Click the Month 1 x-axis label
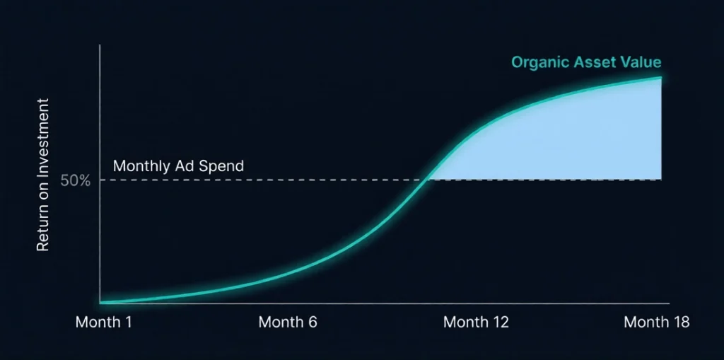pos(104,323)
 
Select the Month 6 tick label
pos(288,323)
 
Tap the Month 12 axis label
pos(476,323)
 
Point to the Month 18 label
pos(656,323)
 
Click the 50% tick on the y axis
pos(75,180)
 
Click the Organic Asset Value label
pos(586,62)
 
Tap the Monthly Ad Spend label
pos(178,167)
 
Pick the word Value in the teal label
pos(642,62)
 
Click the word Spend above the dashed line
pos(224,167)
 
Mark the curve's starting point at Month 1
pos(102,303)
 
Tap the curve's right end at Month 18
pos(660,78)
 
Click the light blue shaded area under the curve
pos(566,141)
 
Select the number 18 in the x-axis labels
pos(679,323)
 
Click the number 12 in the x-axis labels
pos(499,323)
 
